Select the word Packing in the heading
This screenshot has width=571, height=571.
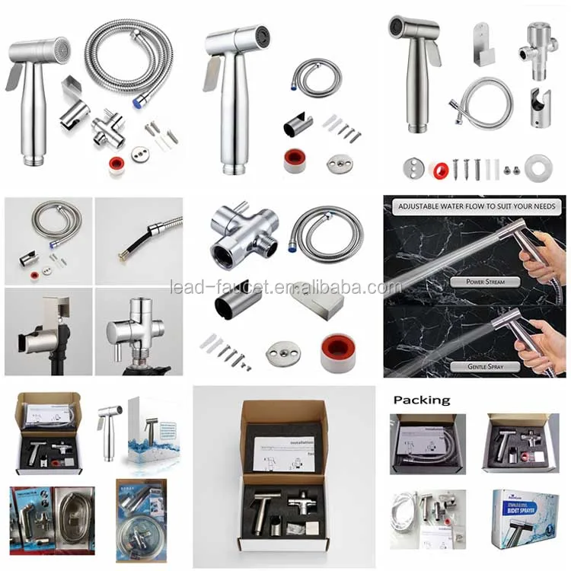[422, 400]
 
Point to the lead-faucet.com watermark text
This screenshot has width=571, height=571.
[285, 288]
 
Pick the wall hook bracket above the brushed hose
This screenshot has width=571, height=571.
[482, 43]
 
